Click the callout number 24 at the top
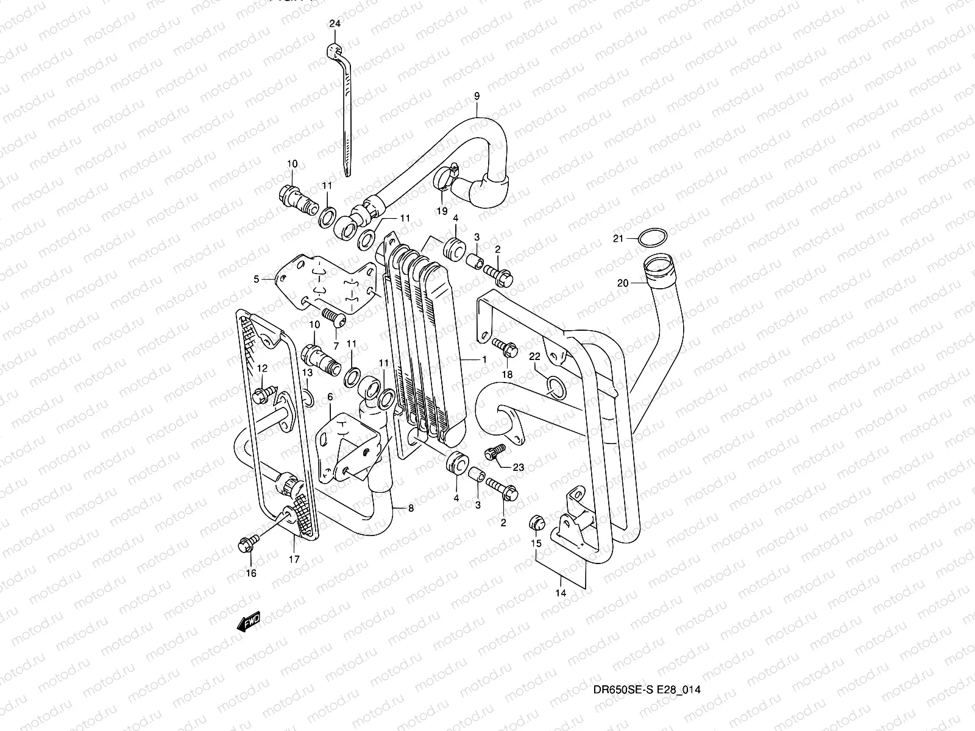pyautogui.click(x=335, y=24)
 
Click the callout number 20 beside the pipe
pyautogui.click(x=622, y=283)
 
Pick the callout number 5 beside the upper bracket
pyautogui.click(x=257, y=279)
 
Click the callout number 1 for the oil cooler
pyautogui.click(x=484, y=359)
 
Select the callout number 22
pyautogui.click(x=534, y=356)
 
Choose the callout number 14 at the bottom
pyautogui.click(x=561, y=592)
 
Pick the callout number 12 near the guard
pyautogui.click(x=262, y=368)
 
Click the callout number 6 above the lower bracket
pyautogui.click(x=330, y=397)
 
